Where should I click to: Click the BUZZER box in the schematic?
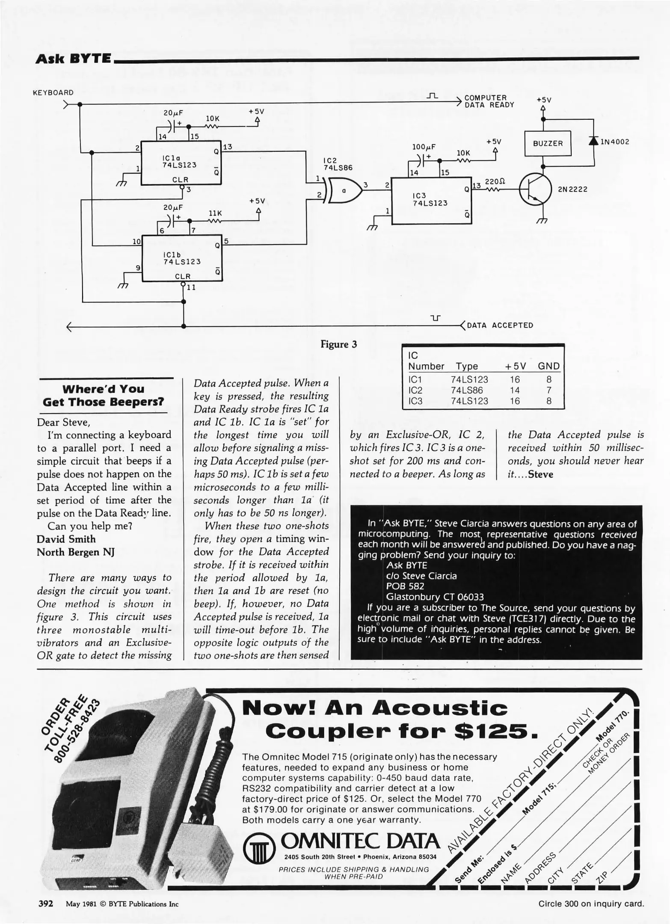click(548, 143)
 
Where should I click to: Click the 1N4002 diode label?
click(615, 142)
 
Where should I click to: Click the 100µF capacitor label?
click(424, 147)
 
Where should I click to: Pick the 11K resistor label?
click(214, 213)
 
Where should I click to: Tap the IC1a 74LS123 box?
click(181, 163)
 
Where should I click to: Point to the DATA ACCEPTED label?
click(500, 325)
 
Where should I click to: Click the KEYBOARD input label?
click(53, 92)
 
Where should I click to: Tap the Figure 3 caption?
click(339, 344)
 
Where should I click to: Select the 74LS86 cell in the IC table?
click(469, 390)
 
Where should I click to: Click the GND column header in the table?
click(548, 366)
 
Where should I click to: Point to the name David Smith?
click(66, 539)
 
